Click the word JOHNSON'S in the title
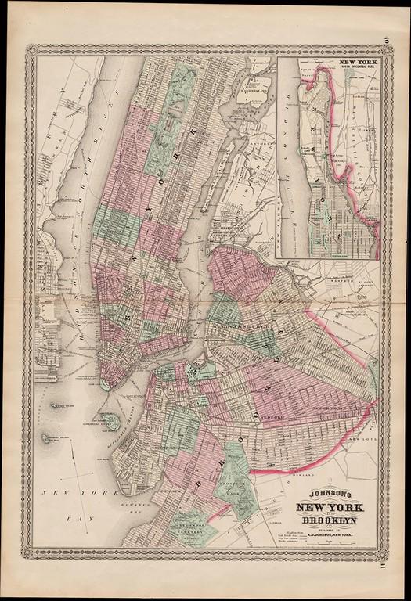tap(320, 494)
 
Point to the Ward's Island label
tap(255, 85)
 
